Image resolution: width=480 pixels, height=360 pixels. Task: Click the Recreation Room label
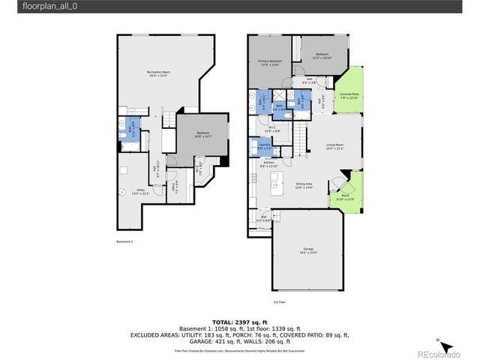tap(157, 73)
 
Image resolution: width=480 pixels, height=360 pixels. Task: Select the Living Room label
tap(334, 146)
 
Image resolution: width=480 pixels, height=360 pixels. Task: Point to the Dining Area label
tap(304, 185)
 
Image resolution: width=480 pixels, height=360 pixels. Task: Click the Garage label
tap(308, 250)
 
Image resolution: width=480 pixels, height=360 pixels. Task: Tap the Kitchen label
tap(268, 164)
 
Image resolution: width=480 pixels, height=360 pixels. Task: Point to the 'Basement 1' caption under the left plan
tap(124, 242)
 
